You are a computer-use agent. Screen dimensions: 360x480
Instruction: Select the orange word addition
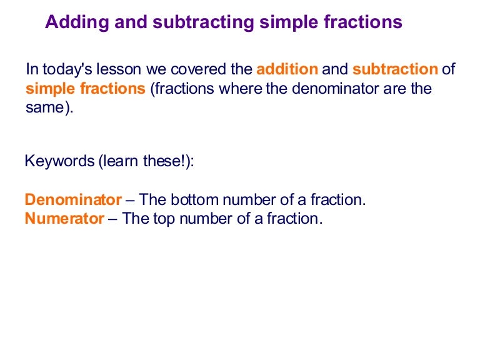[x=287, y=69]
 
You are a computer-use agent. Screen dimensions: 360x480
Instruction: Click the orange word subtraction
[x=395, y=69]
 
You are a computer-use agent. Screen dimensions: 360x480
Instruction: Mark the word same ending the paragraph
[x=44, y=108]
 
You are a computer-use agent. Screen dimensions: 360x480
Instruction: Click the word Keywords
[x=58, y=161]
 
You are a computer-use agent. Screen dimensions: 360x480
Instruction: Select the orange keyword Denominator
[x=73, y=200]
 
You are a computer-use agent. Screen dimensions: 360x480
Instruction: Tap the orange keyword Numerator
[x=64, y=219]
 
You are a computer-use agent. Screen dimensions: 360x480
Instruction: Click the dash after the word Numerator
[x=112, y=219]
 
